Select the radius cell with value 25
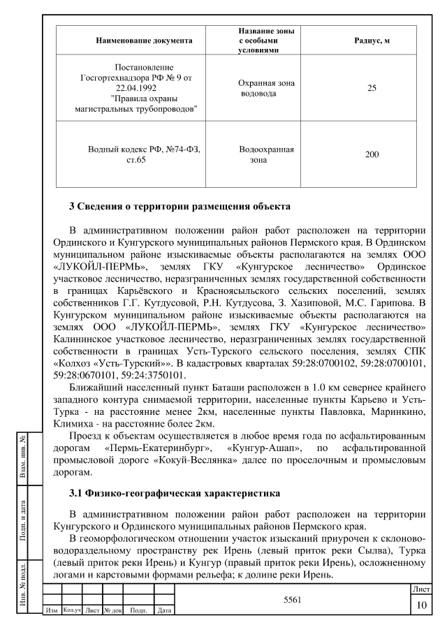pyautogui.click(x=372, y=89)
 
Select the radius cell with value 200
pyautogui.click(x=372, y=154)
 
